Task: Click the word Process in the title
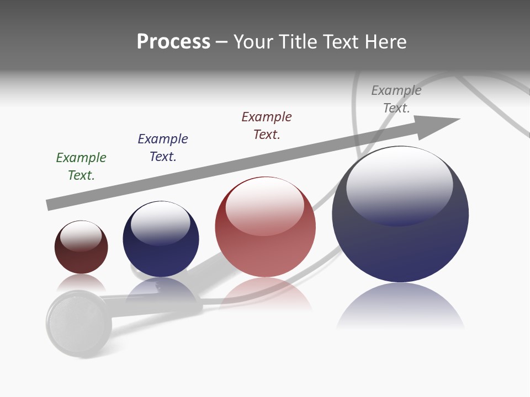pyautogui.click(x=173, y=42)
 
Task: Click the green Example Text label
pyautogui.click(x=81, y=166)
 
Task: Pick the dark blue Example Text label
pyautogui.click(x=163, y=147)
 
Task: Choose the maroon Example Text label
pyautogui.click(x=267, y=125)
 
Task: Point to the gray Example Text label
pyautogui.click(x=396, y=99)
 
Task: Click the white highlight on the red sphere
pyautogui.click(x=265, y=206)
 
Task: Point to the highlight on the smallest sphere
pyautogui.click(x=81, y=235)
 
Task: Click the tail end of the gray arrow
pyautogui.click(x=51, y=205)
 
